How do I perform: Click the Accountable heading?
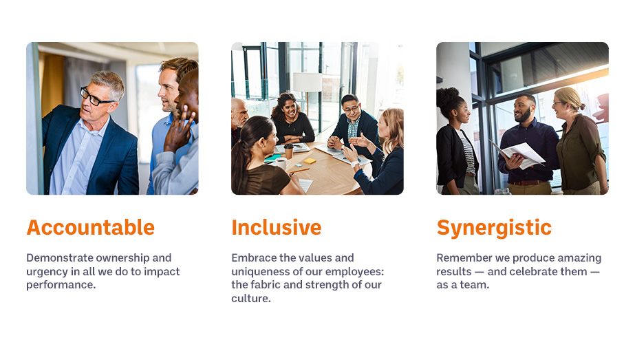pos(90,227)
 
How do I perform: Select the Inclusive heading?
pos(276,227)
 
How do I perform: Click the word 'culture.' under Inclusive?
pos(250,298)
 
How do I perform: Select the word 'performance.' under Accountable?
pos(61,286)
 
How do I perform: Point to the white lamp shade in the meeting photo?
pos(308,83)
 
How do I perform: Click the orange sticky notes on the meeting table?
pos(310,161)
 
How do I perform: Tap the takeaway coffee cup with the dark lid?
pos(288,151)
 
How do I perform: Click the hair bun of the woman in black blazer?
pos(446,96)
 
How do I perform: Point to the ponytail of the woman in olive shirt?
pos(581,107)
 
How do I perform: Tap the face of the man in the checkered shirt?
pos(350,108)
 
